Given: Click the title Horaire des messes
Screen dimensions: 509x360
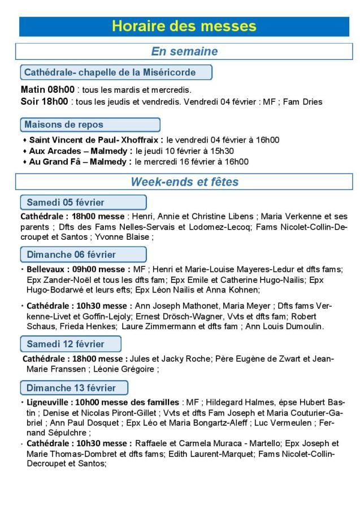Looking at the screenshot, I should point(184,26).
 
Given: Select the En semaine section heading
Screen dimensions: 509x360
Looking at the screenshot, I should point(184,51).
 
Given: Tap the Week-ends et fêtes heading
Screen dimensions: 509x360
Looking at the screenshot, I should point(184,182).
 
